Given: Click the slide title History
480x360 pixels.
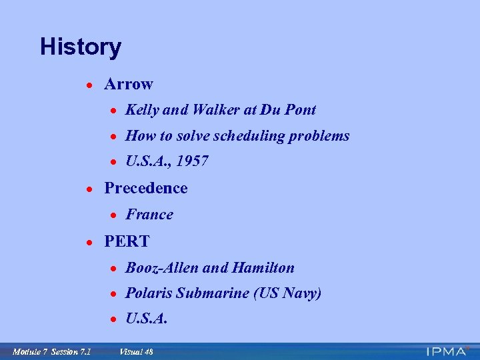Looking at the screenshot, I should [81, 47].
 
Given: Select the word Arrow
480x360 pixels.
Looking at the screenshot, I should [129, 84].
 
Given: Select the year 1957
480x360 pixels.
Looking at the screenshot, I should [193, 162].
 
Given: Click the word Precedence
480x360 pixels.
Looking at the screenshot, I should [146, 189].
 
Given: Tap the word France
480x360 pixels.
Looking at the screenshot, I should [149, 215].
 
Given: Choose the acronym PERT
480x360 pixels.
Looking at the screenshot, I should [127, 241].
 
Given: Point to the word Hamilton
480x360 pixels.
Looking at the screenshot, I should [263, 268].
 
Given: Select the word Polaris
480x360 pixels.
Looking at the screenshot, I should [149, 293].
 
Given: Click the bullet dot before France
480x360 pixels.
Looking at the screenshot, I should [115, 215].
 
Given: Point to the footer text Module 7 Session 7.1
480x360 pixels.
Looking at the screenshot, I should [51, 351].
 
